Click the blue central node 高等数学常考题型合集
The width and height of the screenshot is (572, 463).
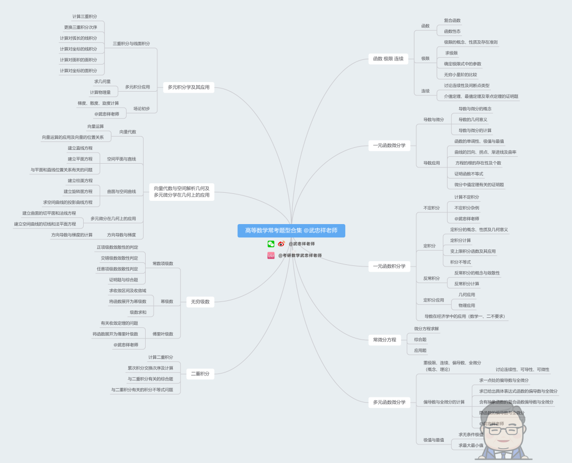pos(291,230)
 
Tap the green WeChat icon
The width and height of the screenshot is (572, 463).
pos(271,244)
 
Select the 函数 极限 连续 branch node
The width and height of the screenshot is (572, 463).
pos(388,59)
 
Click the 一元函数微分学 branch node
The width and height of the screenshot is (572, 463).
pos(389,145)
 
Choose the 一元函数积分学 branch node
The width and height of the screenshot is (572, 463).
pos(389,266)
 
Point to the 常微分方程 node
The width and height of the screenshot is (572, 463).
pos(385,340)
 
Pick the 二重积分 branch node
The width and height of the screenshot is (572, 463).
pos(200,373)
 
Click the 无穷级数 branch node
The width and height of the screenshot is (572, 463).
pos(200,302)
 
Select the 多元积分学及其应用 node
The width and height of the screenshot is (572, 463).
pos(189,87)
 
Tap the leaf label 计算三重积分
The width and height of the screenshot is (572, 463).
pos(85,16)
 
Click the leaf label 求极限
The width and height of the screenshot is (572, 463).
pos(451,53)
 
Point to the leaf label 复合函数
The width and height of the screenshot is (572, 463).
pos(452,21)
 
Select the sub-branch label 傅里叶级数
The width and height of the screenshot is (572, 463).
pos(163,334)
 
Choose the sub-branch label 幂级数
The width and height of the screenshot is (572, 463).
pos(167,301)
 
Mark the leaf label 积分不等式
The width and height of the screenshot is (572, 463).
pos(460,262)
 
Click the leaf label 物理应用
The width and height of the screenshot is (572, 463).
pos(467,306)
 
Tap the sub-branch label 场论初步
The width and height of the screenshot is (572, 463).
pos(141,109)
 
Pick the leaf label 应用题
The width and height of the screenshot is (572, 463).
pos(420,351)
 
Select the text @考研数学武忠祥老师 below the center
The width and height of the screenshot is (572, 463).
pos(300,255)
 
